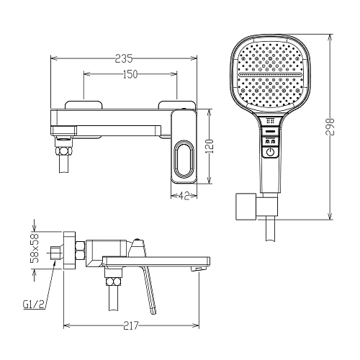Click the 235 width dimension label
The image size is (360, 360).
[124, 58]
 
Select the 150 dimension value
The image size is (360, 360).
[130, 74]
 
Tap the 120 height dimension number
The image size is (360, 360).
[210, 146]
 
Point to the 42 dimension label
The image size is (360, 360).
[184, 196]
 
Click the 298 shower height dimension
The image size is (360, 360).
[330, 127]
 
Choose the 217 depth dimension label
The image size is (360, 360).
[131, 325]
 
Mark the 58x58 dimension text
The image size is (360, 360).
[35, 248]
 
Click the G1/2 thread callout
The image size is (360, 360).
[34, 305]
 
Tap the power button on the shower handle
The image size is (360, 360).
[270, 152]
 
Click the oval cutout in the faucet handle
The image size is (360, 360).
[184, 159]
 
